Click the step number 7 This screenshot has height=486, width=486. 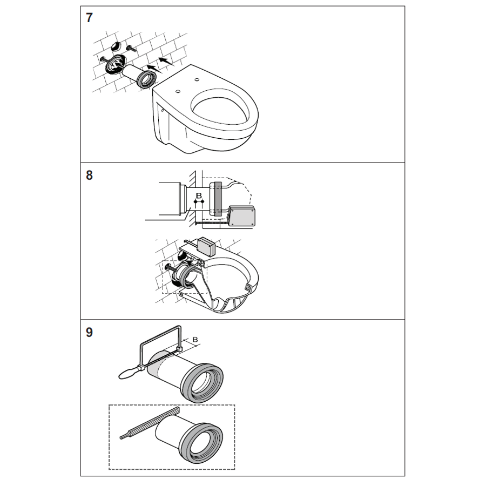(x=89, y=18)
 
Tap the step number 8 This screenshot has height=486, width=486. (x=89, y=175)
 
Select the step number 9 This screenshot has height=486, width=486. (x=89, y=333)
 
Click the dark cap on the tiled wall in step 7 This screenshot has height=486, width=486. (x=116, y=46)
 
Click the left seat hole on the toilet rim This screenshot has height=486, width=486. (x=178, y=91)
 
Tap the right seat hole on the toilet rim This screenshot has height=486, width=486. (x=197, y=80)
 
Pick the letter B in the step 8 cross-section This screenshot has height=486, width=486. (x=199, y=195)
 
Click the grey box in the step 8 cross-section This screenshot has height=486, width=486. (x=242, y=215)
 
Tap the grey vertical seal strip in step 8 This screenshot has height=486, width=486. (x=218, y=199)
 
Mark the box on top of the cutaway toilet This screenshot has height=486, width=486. (x=206, y=246)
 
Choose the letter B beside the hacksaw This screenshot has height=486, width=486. (x=195, y=340)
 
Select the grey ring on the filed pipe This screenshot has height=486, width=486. (x=201, y=443)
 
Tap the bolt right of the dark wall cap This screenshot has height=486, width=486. (x=131, y=49)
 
